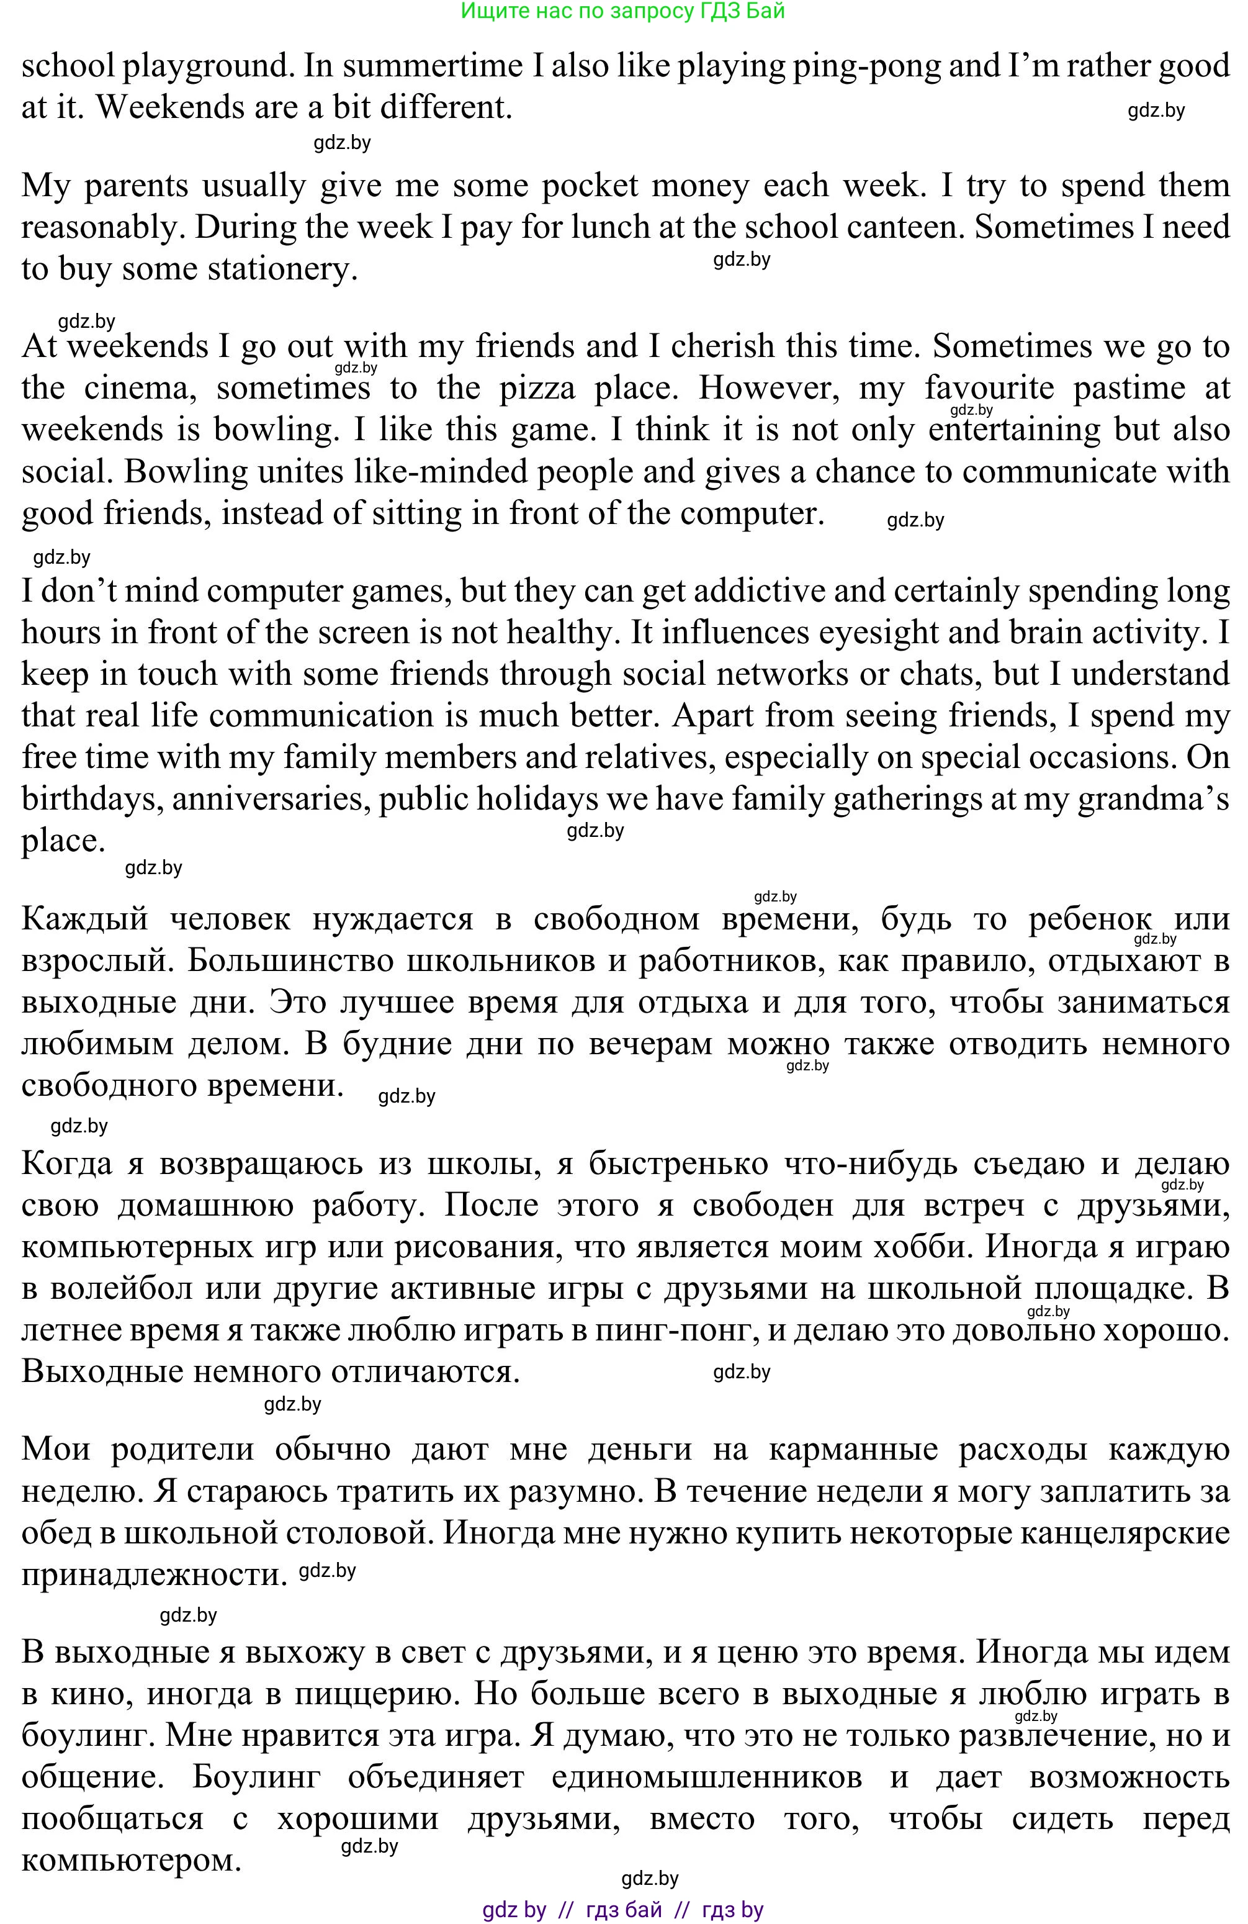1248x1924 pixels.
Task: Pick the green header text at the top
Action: [623, 11]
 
